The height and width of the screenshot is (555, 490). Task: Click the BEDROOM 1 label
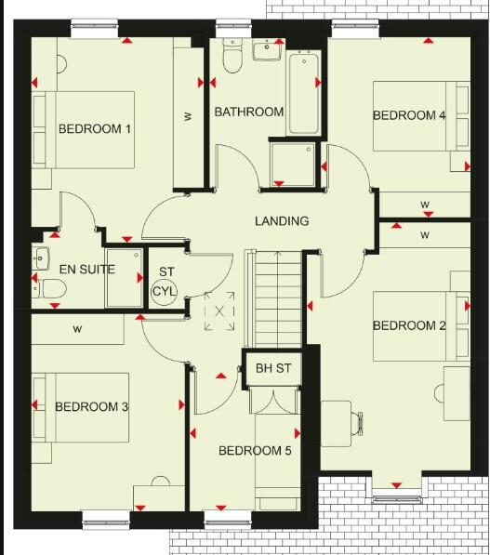click(x=94, y=129)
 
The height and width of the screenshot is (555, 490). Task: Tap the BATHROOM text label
click(x=248, y=112)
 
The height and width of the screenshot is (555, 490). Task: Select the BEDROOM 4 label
click(x=409, y=115)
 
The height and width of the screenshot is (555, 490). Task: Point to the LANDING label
click(x=282, y=221)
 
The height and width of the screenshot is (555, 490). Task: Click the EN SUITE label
click(x=86, y=270)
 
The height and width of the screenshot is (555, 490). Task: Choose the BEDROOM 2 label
click(x=409, y=325)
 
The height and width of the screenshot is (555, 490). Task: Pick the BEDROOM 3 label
click(x=91, y=406)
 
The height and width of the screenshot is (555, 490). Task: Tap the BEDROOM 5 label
click(x=255, y=451)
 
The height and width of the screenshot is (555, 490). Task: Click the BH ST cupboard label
click(x=273, y=369)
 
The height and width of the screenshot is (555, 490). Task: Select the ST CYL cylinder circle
click(x=166, y=289)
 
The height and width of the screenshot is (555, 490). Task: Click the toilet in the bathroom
click(x=232, y=58)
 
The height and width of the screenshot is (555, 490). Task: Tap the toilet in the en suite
click(x=50, y=289)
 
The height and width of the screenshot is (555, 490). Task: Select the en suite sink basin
click(x=39, y=258)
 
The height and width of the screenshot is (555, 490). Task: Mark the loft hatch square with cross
click(x=219, y=311)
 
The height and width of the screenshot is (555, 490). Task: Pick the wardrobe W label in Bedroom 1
click(x=187, y=116)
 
